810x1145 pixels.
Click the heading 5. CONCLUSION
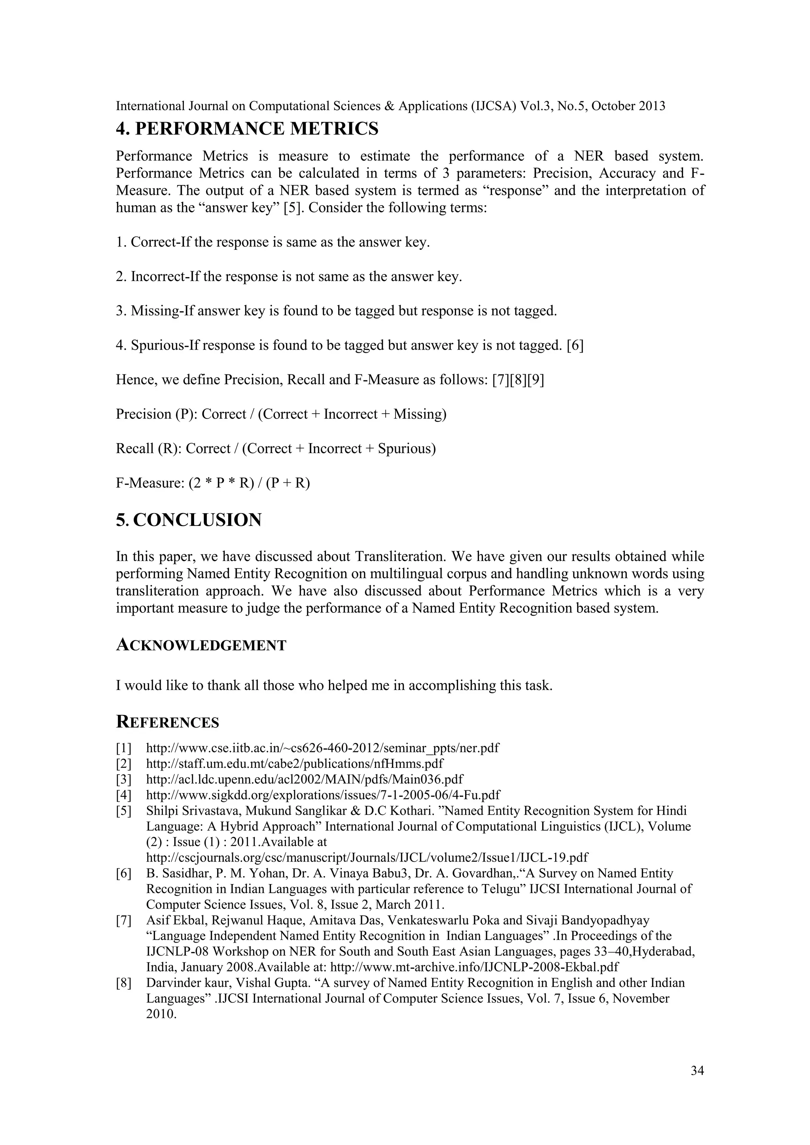tap(189, 520)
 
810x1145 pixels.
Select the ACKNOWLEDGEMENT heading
tap(201, 645)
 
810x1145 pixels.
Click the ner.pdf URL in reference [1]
tap(322, 748)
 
